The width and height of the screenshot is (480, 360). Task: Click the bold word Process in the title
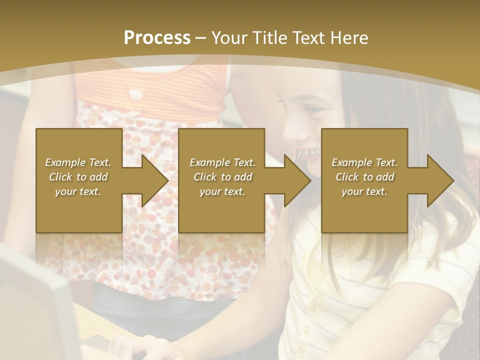tap(157, 38)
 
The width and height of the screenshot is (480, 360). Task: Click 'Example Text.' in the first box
tap(78, 162)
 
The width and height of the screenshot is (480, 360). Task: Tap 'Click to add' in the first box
tap(78, 177)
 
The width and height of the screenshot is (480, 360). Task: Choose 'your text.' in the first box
tap(78, 191)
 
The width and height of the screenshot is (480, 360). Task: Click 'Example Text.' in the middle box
tap(222, 162)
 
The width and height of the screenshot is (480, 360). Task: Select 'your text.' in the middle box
tap(222, 191)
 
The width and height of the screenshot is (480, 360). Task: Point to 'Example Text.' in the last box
tap(364, 162)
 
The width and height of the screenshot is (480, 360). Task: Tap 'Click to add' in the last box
tap(364, 177)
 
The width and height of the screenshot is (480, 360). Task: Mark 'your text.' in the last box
tap(364, 191)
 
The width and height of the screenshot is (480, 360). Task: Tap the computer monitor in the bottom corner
tap(35, 310)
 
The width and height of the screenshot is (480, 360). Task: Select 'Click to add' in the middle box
tap(222, 177)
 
